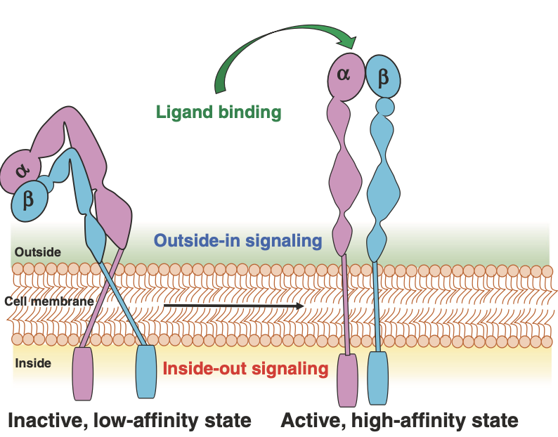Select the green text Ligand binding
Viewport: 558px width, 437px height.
point(219,111)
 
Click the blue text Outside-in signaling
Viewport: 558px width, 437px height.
point(238,240)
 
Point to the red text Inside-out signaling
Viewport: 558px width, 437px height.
point(245,368)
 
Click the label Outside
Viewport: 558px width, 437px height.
point(37,252)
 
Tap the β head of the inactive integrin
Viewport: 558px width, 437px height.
point(29,201)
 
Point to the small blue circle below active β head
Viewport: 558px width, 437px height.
point(384,107)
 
